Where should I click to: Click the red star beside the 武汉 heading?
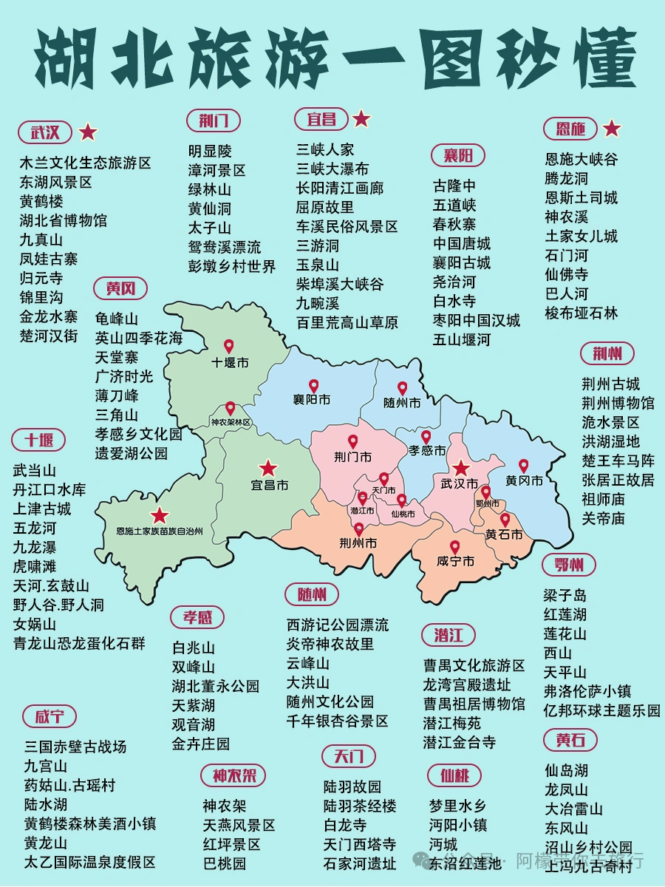click(88, 132)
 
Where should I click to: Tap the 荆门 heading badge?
click(214, 120)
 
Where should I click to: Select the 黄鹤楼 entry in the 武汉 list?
click(41, 201)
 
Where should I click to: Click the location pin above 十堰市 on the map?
click(229, 346)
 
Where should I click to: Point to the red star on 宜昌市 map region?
click(267, 468)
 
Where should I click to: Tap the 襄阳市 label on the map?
click(311, 400)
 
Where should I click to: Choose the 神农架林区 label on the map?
click(231, 422)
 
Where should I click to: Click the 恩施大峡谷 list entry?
click(581, 159)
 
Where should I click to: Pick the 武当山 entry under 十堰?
click(35, 470)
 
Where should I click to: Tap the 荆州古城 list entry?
click(610, 384)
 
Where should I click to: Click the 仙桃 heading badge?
click(454, 775)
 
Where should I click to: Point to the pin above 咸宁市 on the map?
click(454, 547)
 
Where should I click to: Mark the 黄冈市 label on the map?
click(524, 481)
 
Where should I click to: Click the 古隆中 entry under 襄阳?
click(454, 186)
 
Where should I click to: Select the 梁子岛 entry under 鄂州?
click(565, 595)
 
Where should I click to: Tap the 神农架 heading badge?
click(233, 775)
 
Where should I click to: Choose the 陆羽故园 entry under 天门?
click(352, 786)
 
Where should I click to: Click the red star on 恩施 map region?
click(159, 515)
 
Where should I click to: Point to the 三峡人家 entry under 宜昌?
click(325, 150)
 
